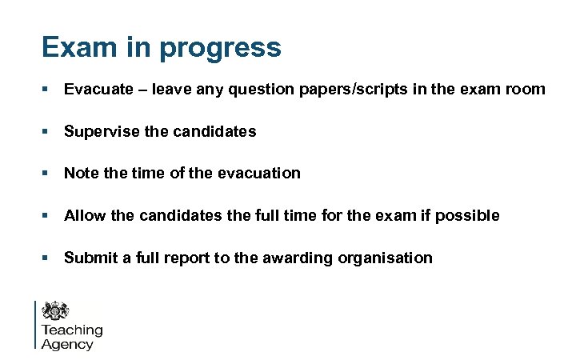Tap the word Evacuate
tap(97, 89)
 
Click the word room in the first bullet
tap(525, 89)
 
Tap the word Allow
tap(84, 215)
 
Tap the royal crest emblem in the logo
tap(57, 310)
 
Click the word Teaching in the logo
tap(72, 330)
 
